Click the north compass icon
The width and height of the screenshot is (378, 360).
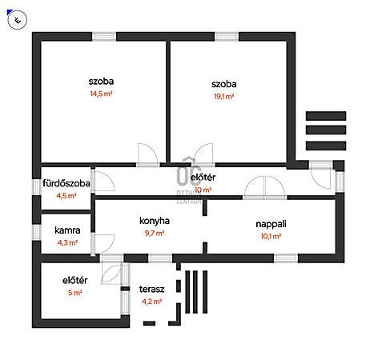coord(18,20)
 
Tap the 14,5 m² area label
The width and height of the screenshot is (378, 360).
coord(101,94)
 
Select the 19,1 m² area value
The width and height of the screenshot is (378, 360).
coord(224,97)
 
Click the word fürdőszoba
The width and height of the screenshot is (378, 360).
coord(66,183)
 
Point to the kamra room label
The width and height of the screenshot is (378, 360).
coord(67,230)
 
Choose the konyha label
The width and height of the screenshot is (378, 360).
coord(155,221)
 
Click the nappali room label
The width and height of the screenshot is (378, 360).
coord(271,224)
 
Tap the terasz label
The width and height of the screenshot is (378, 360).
coord(151,289)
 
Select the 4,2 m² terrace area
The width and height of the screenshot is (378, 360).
coord(151,302)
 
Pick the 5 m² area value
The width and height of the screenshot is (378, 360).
coord(74,293)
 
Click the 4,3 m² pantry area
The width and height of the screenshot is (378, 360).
coord(67,242)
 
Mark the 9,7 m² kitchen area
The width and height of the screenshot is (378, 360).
coord(155,234)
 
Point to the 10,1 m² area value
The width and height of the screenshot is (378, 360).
coord(271,236)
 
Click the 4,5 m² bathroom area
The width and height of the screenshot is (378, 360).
coord(66,196)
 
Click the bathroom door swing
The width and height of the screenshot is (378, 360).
coord(103,182)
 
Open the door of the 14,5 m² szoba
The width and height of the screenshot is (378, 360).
coord(148,155)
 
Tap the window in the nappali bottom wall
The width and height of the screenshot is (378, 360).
coord(286,258)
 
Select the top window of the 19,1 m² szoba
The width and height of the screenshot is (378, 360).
coord(227,37)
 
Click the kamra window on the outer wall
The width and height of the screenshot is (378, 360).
coord(36,232)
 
